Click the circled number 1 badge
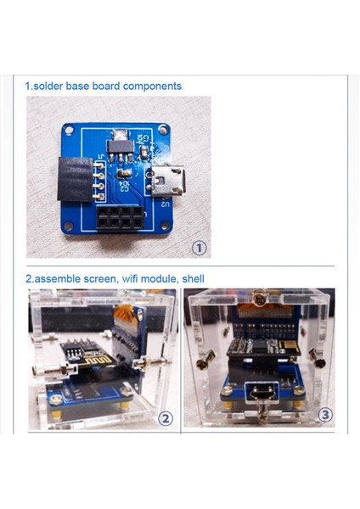[x=199, y=248]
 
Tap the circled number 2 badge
[x=166, y=418]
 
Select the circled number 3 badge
[x=323, y=415]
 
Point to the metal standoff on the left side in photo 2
[x=44, y=372]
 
